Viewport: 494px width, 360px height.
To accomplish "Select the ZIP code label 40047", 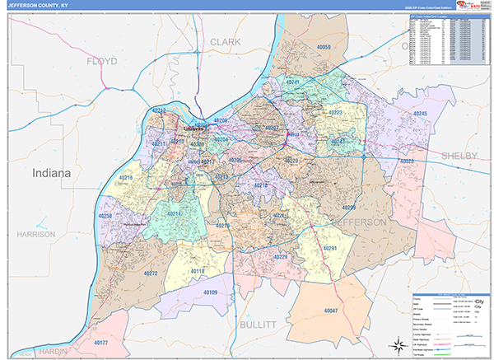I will (x=332, y=311).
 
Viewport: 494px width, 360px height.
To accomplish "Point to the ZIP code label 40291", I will (x=330, y=248).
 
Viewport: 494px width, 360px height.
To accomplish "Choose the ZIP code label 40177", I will (x=101, y=341).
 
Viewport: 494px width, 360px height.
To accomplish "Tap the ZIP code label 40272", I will (x=150, y=273).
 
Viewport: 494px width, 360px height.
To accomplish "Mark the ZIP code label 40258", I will (x=105, y=216).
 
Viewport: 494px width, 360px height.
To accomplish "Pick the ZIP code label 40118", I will (x=199, y=270).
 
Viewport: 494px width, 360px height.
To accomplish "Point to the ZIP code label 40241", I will (x=294, y=83).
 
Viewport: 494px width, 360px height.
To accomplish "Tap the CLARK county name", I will (x=225, y=41).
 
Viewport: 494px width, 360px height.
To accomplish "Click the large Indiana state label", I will (x=52, y=174).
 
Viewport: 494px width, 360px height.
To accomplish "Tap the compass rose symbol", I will (x=388, y=345).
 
